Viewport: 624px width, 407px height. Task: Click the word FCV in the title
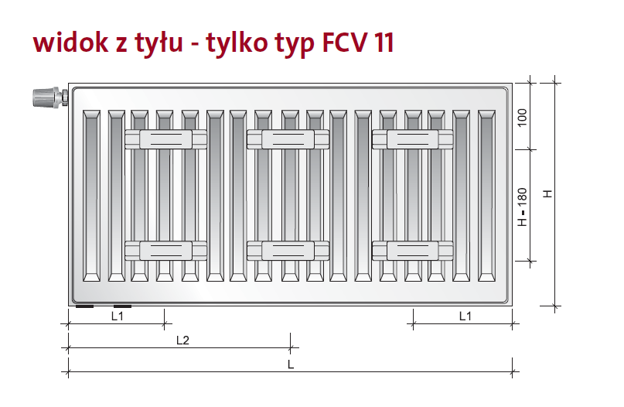point(342,43)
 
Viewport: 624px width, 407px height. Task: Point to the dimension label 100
point(522,118)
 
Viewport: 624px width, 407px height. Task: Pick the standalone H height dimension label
point(547,193)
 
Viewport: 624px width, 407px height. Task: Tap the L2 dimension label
point(182,340)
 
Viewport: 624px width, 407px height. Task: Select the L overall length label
point(290,364)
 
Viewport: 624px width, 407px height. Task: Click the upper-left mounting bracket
point(165,139)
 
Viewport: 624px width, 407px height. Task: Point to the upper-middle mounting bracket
point(288,139)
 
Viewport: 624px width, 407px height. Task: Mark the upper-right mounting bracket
point(412,139)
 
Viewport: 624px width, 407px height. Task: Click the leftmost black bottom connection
point(84,306)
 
